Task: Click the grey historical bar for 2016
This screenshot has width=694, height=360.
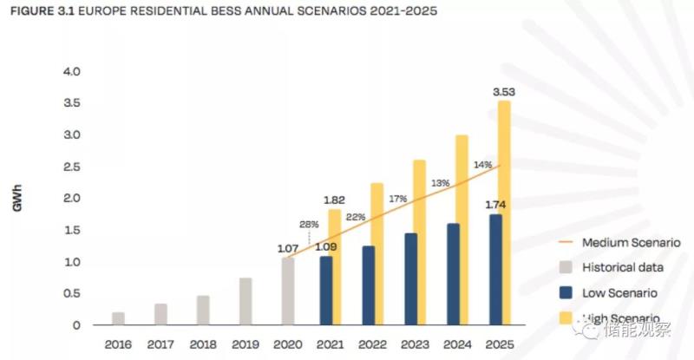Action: coord(118,318)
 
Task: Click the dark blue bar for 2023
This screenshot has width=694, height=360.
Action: coord(410,279)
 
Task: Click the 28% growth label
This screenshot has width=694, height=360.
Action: coord(310,224)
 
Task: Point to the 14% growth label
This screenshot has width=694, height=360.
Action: coord(482,164)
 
